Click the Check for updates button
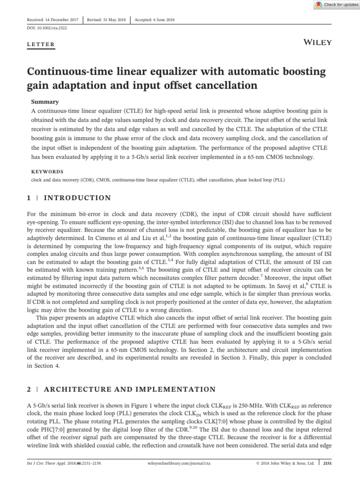tap(335, 5)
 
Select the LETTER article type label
tap(41, 45)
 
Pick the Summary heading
tap(45, 101)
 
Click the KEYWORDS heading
tap(47, 172)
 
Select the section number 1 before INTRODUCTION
tap(29, 198)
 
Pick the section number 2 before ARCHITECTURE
tap(29, 390)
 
